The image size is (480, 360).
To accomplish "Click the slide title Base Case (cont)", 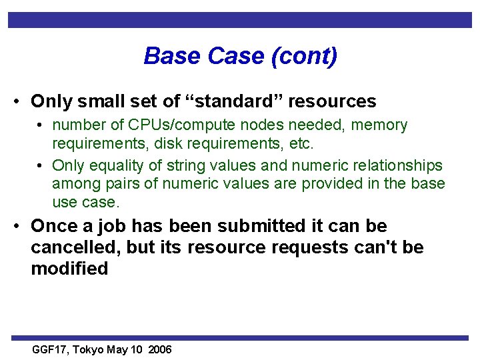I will click(240, 56).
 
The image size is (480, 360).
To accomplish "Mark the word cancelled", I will click(74, 247).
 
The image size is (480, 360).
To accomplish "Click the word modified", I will click(69, 269).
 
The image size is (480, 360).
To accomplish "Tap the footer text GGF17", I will click(51, 349).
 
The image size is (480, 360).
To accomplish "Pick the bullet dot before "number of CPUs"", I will click(41, 125).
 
